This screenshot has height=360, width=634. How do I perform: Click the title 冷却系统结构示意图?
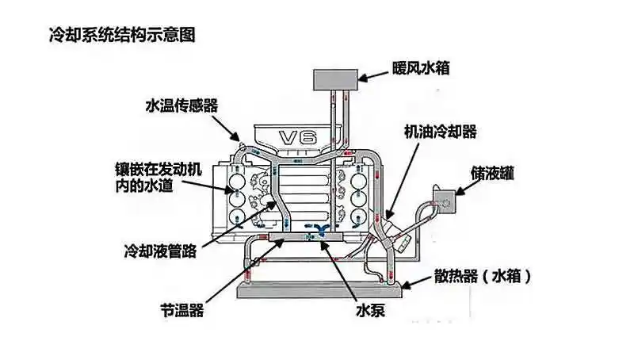110,36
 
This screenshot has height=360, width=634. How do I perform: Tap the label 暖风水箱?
421,68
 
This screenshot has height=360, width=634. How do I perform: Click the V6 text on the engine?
300,136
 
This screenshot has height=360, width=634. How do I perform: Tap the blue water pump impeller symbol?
322,231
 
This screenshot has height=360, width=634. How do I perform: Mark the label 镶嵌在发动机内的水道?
159,178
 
